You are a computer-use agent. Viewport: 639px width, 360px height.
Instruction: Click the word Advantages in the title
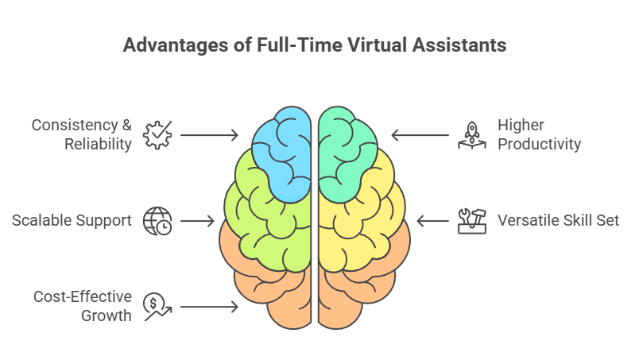pyautogui.click(x=176, y=45)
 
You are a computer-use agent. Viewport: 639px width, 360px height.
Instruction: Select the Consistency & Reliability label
pyautogui.click(x=82, y=134)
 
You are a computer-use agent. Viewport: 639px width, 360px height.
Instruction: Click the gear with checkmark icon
pyautogui.click(x=157, y=135)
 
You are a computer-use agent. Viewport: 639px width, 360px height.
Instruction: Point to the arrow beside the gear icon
pyautogui.click(x=209, y=135)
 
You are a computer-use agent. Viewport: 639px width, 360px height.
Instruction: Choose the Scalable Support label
pyautogui.click(x=72, y=221)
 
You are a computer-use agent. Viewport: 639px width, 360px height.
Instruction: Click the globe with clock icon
pyautogui.click(x=157, y=221)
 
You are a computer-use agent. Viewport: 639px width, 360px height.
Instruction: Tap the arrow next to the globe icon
pyautogui.click(x=197, y=221)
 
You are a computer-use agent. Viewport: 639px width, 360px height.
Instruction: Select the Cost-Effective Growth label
pyautogui.click(x=83, y=306)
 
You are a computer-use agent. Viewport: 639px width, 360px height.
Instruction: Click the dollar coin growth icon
pyautogui.click(x=157, y=307)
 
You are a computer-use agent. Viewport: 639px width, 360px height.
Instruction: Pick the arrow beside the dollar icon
pyautogui.click(x=209, y=307)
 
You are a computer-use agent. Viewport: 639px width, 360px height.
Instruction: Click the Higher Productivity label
pyautogui.click(x=539, y=134)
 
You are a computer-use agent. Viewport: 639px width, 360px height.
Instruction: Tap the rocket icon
pyautogui.click(x=472, y=135)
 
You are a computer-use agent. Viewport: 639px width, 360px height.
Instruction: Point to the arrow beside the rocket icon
pyautogui.click(x=420, y=135)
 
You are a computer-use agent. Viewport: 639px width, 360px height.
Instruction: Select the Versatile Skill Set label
pyautogui.click(x=558, y=221)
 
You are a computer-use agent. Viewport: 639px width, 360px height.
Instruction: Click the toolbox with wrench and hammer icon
pyautogui.click(x=472, y=221)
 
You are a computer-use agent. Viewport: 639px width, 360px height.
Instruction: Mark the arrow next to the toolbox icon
pyautogui.click(x=433, y=221)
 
